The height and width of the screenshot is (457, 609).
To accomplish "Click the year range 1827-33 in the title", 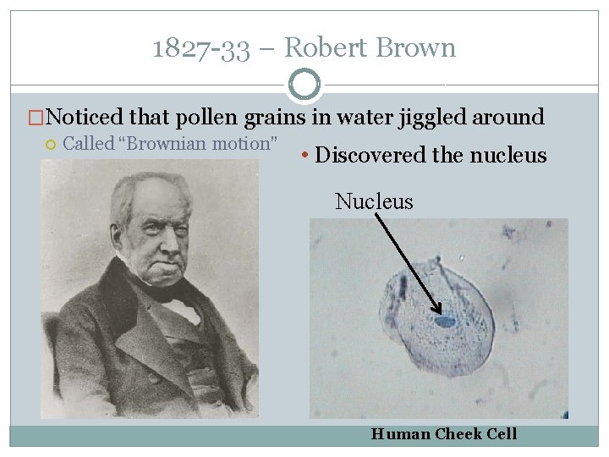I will click(x=201, y=48).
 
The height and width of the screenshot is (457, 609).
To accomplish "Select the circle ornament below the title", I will click(x=304, y=85).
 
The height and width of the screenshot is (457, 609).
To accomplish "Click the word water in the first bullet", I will click(x=348, y=117).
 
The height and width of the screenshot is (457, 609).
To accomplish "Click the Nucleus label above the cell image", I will click(x=374, y=201).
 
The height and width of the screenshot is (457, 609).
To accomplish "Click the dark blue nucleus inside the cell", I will click(x=446, y=322).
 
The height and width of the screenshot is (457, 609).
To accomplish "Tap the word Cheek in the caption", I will click(x=460, y=434).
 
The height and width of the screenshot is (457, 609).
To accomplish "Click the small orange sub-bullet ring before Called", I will click(x=50, y=144).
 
